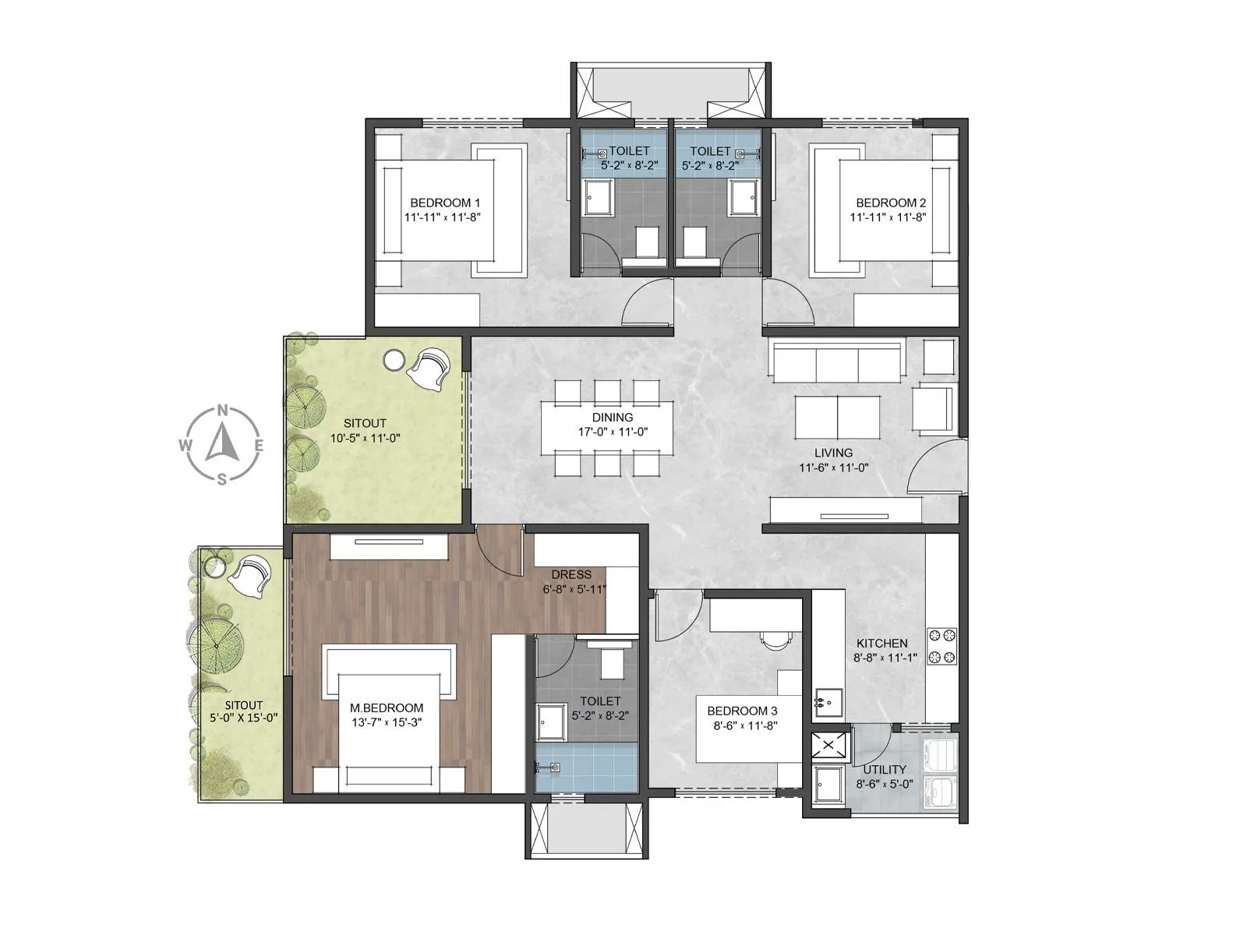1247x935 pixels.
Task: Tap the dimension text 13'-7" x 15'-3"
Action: pos(387,722)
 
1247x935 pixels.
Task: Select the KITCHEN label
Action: pos(881,643)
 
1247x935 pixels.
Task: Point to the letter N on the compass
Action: pos(223,410)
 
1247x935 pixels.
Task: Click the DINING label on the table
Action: pos(613,417)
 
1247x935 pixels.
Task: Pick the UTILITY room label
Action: pos(884,770)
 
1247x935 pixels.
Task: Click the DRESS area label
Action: pos(571,574)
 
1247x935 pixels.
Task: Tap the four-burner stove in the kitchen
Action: pos(941,646)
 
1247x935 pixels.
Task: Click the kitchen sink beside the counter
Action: pos(828,702)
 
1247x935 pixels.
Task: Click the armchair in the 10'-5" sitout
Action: pos(429,369)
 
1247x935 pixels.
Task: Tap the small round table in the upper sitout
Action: pos(394,360)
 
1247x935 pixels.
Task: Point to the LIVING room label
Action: pos(833,453)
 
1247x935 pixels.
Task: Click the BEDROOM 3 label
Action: pos(742,711)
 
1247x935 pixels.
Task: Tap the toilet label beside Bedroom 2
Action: pos(710,151)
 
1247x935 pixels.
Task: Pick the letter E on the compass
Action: pos(260,446)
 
